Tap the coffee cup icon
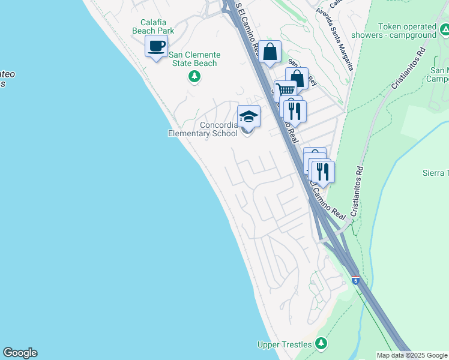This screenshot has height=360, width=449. click(157, 46)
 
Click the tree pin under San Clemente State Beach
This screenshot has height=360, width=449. click(194, 76)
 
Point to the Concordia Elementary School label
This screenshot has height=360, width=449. click(202, 129)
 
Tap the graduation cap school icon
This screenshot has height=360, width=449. click(249, 116)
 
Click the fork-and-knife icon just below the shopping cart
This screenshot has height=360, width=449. click(295, 111)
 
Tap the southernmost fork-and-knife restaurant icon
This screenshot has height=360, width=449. click(323, 172)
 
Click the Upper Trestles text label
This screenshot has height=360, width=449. click(285, 344)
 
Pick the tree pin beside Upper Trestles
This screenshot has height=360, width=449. click(322, 343)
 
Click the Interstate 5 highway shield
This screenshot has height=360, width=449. click(356, 280)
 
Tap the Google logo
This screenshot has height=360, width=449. click(20, 353)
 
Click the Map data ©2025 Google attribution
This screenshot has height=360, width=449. click(412, 355)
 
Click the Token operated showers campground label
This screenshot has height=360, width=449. click(407, 31)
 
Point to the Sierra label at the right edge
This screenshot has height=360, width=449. click(435, 173)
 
